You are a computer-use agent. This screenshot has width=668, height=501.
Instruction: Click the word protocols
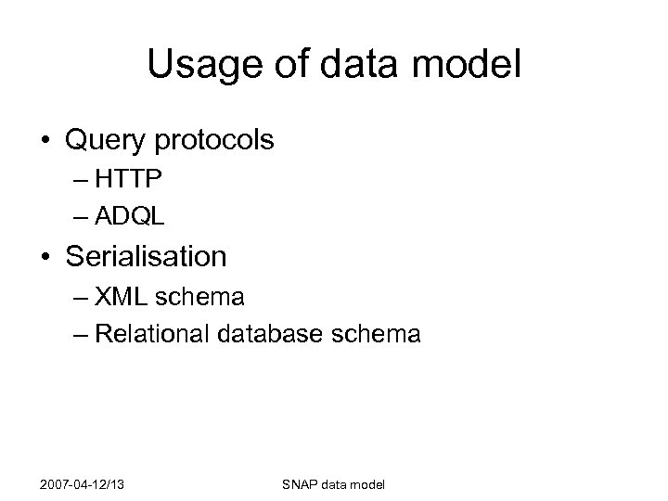tap(215, 141)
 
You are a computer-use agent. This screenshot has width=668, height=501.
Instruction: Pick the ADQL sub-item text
tap(130, 216)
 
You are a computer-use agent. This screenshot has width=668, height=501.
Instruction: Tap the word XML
tap(124, 298)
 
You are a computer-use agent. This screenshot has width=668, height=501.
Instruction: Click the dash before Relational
tap(78, 333)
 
